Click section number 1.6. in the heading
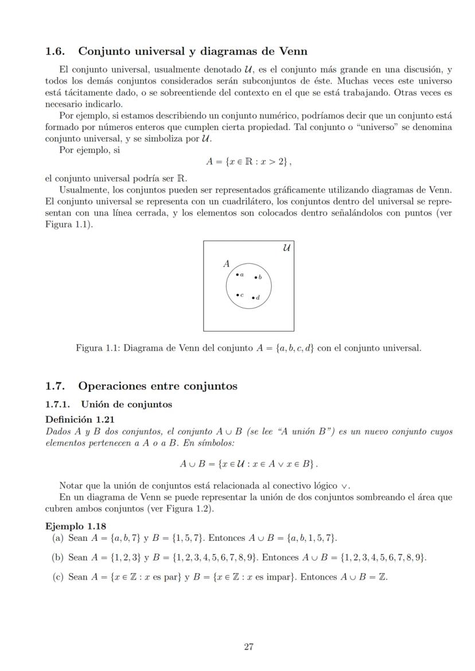point(57,51)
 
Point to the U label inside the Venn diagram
point(286,248)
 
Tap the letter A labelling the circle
point(227,264)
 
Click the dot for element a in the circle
point(237,275)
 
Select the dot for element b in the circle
point(256,277)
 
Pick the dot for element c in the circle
point(237,295)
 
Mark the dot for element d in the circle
point(253,297)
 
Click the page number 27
point(248,647)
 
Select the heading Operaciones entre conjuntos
point(158,386)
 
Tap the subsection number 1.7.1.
point(59,405)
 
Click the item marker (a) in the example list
point(57,537)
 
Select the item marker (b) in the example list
point(57,557)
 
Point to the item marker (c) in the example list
point(57,576)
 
